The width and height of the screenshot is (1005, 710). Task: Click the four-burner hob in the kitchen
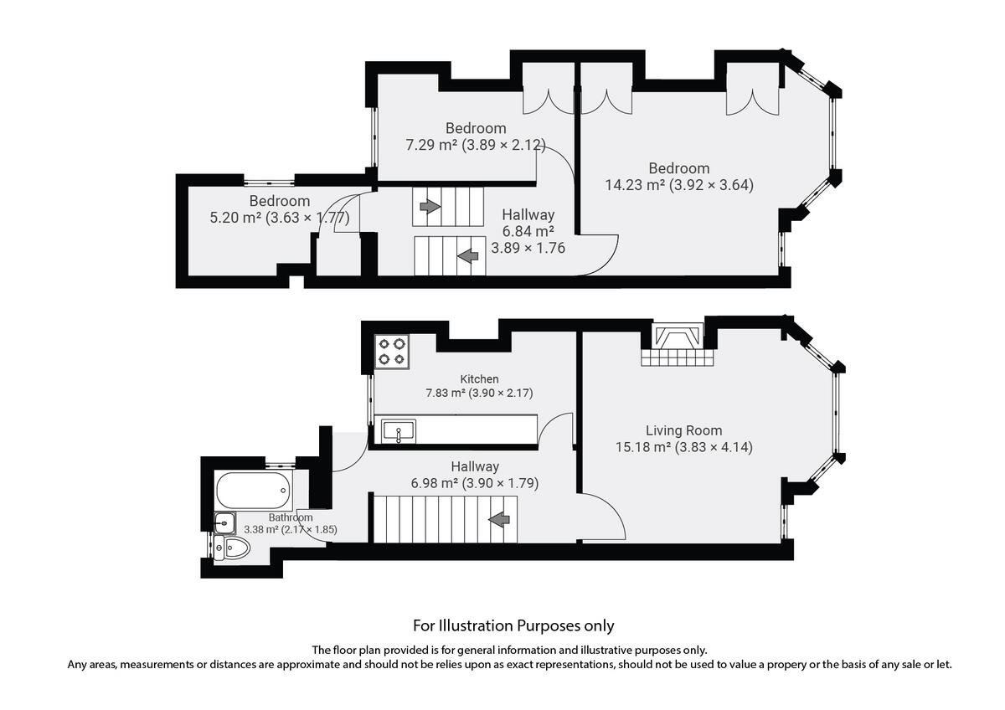pyautogui.click(x=392, y=351)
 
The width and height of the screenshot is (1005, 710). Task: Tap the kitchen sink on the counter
pyautogui.click(x=399, y=432)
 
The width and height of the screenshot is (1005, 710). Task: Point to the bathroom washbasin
pyautogui.click(x=224, y=523)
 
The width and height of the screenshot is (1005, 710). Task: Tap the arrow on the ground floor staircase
pyautogui.click(x=499, y=520)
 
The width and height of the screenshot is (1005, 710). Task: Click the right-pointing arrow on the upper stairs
pyautogui.click(x=430, y=206)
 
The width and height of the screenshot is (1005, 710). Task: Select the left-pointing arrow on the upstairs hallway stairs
pyautogui.click(x=467, y=255)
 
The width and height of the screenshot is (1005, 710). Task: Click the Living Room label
pyautogui.click(x=683, y=430)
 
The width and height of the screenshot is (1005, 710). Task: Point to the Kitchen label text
pyautogui.click(x=479, y=379)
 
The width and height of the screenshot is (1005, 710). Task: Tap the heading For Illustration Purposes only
pyautogui.click(x=513, y=625)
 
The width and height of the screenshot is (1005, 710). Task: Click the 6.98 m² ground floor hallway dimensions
pyautogui.click(x=475, y=483)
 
